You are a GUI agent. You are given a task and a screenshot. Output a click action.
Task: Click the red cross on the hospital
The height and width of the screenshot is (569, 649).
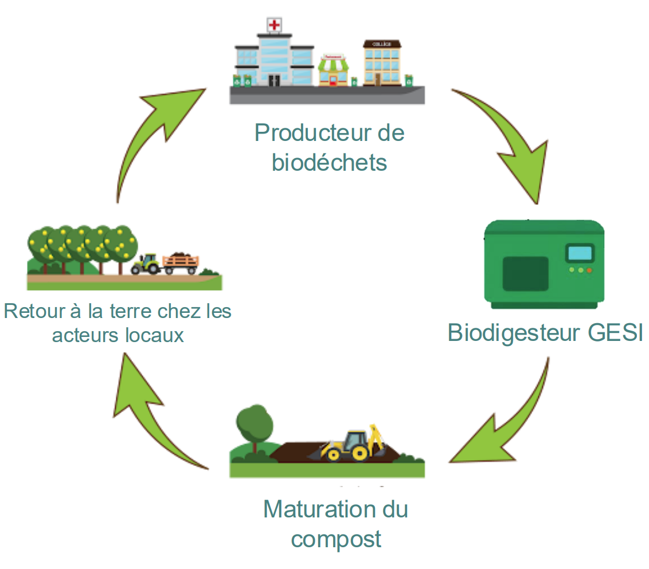pos(275,25)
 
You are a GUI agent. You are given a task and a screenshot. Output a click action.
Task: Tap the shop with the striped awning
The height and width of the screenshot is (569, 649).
pos(334,70)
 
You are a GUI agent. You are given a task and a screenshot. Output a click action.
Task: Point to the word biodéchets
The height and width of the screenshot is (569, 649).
pos(329,163)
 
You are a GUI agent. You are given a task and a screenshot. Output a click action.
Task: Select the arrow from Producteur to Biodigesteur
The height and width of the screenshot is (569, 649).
pos(505,143)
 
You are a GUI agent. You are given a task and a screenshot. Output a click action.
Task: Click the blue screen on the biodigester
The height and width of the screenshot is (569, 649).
pos(579,253)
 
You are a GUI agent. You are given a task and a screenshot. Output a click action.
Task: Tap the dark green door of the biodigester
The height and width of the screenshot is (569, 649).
pos(525,273)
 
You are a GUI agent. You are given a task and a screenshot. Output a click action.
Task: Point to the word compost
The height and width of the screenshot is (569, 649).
pos(336,539)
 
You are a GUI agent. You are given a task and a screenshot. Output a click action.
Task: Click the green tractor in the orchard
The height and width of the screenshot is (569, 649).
pos(148,264)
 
